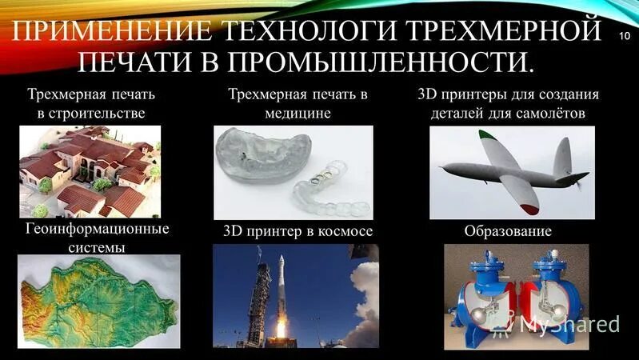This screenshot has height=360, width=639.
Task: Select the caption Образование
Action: pyautogui.click(x=508, y=232)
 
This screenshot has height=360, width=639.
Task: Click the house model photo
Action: pyautogui.click(x=89, y=171)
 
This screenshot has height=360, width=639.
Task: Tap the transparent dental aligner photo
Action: pyautogui.click(x=294, y=171)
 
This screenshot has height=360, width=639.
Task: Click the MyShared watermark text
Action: pyautogui.click(x=569, y=324)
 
